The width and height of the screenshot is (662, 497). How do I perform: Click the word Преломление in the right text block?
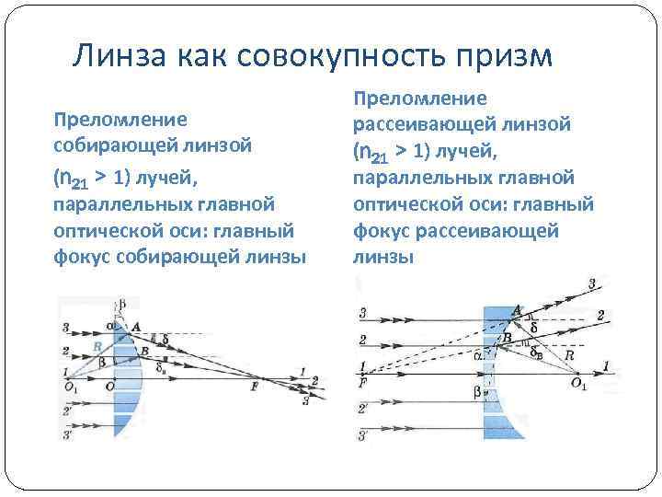420,97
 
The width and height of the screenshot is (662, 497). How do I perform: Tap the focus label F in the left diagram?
254,387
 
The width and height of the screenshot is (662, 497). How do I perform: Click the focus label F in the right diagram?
365,381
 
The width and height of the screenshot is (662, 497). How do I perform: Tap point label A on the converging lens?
136,326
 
